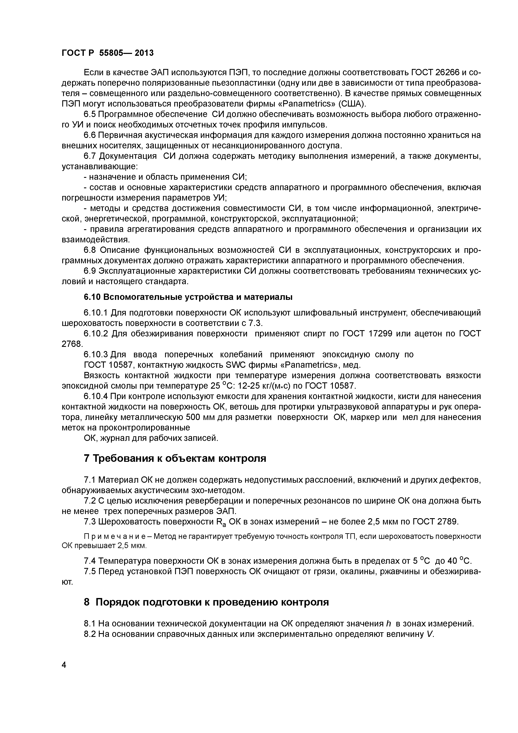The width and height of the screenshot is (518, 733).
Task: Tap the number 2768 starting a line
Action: (72, 344)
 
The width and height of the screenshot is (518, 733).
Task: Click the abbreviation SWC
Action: (235, 365)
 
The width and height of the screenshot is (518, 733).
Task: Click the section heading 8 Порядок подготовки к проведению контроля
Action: (206, 602)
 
